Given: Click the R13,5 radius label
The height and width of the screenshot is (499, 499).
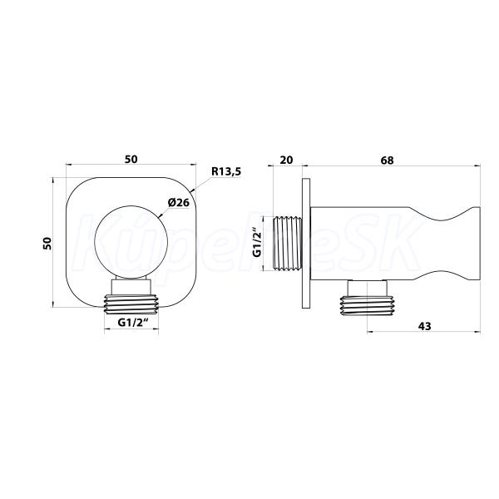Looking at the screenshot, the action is (226, 171).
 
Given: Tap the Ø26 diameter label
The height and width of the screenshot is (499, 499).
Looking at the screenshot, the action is (179, 202).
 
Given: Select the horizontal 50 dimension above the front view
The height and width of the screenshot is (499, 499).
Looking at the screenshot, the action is (131, 159).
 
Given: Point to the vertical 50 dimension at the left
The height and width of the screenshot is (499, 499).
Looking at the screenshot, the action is (47, 243).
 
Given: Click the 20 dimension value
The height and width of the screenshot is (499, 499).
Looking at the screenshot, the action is (286, 160).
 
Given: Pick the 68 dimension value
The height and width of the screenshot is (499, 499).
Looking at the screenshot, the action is (387, 160).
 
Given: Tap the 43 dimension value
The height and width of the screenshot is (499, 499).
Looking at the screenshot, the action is (424, 326).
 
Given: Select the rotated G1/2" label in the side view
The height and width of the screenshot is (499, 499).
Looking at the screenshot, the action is (257, 242).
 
